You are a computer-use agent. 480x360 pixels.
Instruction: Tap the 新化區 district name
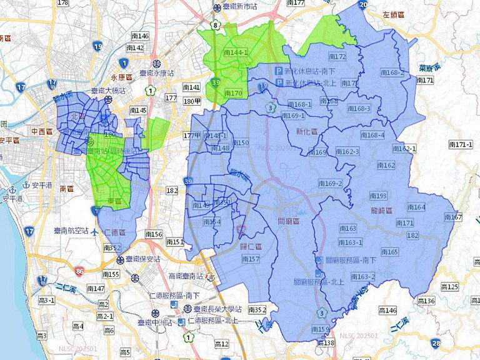click(x=307, y=132)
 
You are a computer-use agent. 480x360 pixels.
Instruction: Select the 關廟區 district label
click(x=289, y=221)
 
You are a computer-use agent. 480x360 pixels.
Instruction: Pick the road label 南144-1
click(x=236, y=53)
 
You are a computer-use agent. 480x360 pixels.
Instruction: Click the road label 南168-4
click(x=372, y=135)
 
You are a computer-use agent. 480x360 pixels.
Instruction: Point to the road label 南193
click(x=378, y=196)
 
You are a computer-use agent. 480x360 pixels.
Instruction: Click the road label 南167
click(x=453, y=217)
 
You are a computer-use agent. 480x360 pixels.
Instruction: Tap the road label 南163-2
click(x=362, y=277)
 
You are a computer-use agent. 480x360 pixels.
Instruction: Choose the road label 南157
click(x=250, y=259)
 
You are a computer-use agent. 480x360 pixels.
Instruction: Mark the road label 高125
click(x=449, y=287)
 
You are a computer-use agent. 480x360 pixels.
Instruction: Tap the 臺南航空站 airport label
click(x=70, y=231)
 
